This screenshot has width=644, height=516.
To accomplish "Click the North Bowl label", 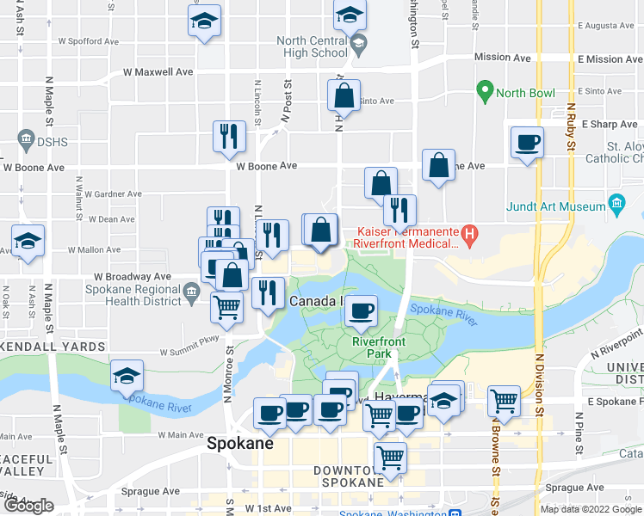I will tap(525, 93).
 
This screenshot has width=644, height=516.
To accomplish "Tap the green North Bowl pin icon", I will tap(485, 91).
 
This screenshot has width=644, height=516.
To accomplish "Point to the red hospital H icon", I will tap(469, 232).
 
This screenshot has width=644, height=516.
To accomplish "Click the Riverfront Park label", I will tap(379, 347).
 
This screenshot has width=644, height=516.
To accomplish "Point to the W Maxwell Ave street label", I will tap(158, 72).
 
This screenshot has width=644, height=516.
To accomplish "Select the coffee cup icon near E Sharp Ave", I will tap(526, 142).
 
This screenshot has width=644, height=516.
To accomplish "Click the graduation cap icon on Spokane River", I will tap(127, 375).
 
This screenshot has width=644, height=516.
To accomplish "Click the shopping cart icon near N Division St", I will tap(503, 400).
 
